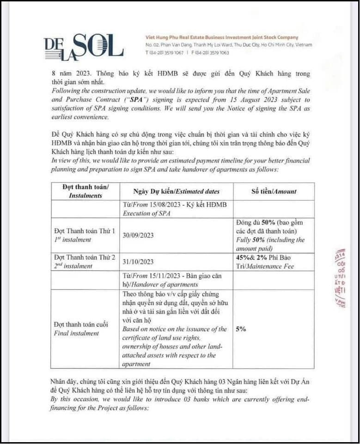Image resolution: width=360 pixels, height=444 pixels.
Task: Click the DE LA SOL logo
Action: [84, 46]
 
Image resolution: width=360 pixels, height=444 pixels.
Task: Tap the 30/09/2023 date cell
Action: [138, 235]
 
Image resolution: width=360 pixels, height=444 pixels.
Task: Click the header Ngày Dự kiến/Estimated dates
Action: [176, 191]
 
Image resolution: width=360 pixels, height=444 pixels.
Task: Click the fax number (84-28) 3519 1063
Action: [210, 53]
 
